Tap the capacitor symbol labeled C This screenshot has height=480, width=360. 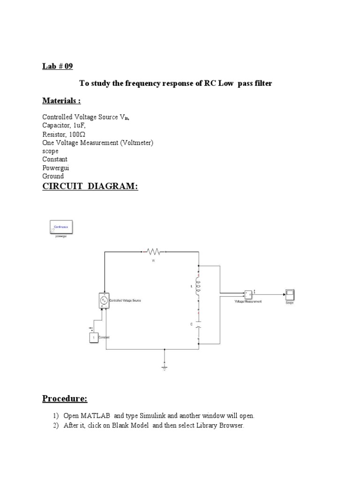click(198, 325)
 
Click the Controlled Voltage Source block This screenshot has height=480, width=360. click(104, 300)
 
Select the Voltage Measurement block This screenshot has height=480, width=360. click(248, 295)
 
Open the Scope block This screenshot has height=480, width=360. click(290, 295)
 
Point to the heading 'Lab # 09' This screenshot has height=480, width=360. click(58, 66)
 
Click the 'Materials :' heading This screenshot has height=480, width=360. click(61, 101)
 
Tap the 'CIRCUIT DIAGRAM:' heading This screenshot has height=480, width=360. click(90, 187)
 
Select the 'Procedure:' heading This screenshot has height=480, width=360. click(65, 399)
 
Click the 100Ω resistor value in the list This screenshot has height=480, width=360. click(77, 134)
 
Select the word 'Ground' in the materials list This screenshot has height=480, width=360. click(53, 176)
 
